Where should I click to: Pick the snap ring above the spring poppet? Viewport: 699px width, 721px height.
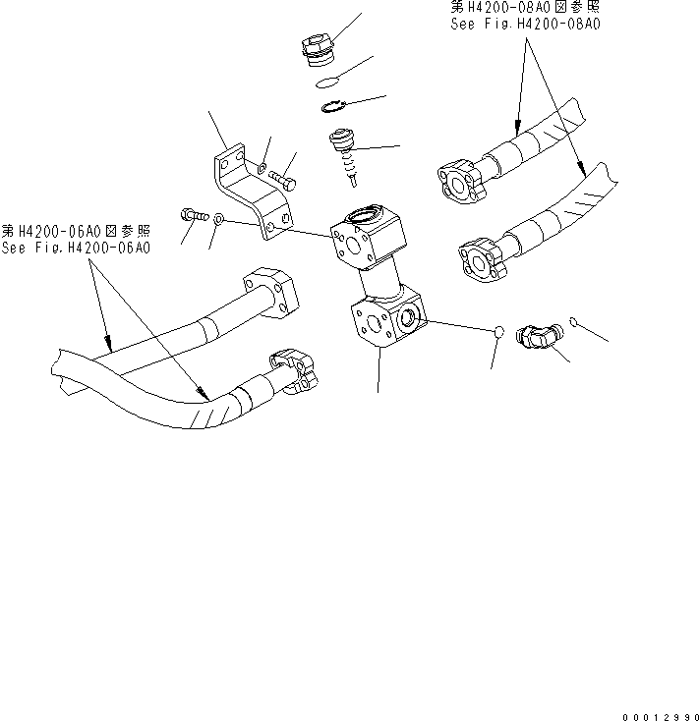tap(332, 108)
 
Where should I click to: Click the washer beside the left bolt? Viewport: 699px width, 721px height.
tap(218, 219)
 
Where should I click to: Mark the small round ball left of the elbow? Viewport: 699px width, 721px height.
tap(498, 333)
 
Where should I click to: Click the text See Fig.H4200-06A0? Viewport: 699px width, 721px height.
tap(77, 249)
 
